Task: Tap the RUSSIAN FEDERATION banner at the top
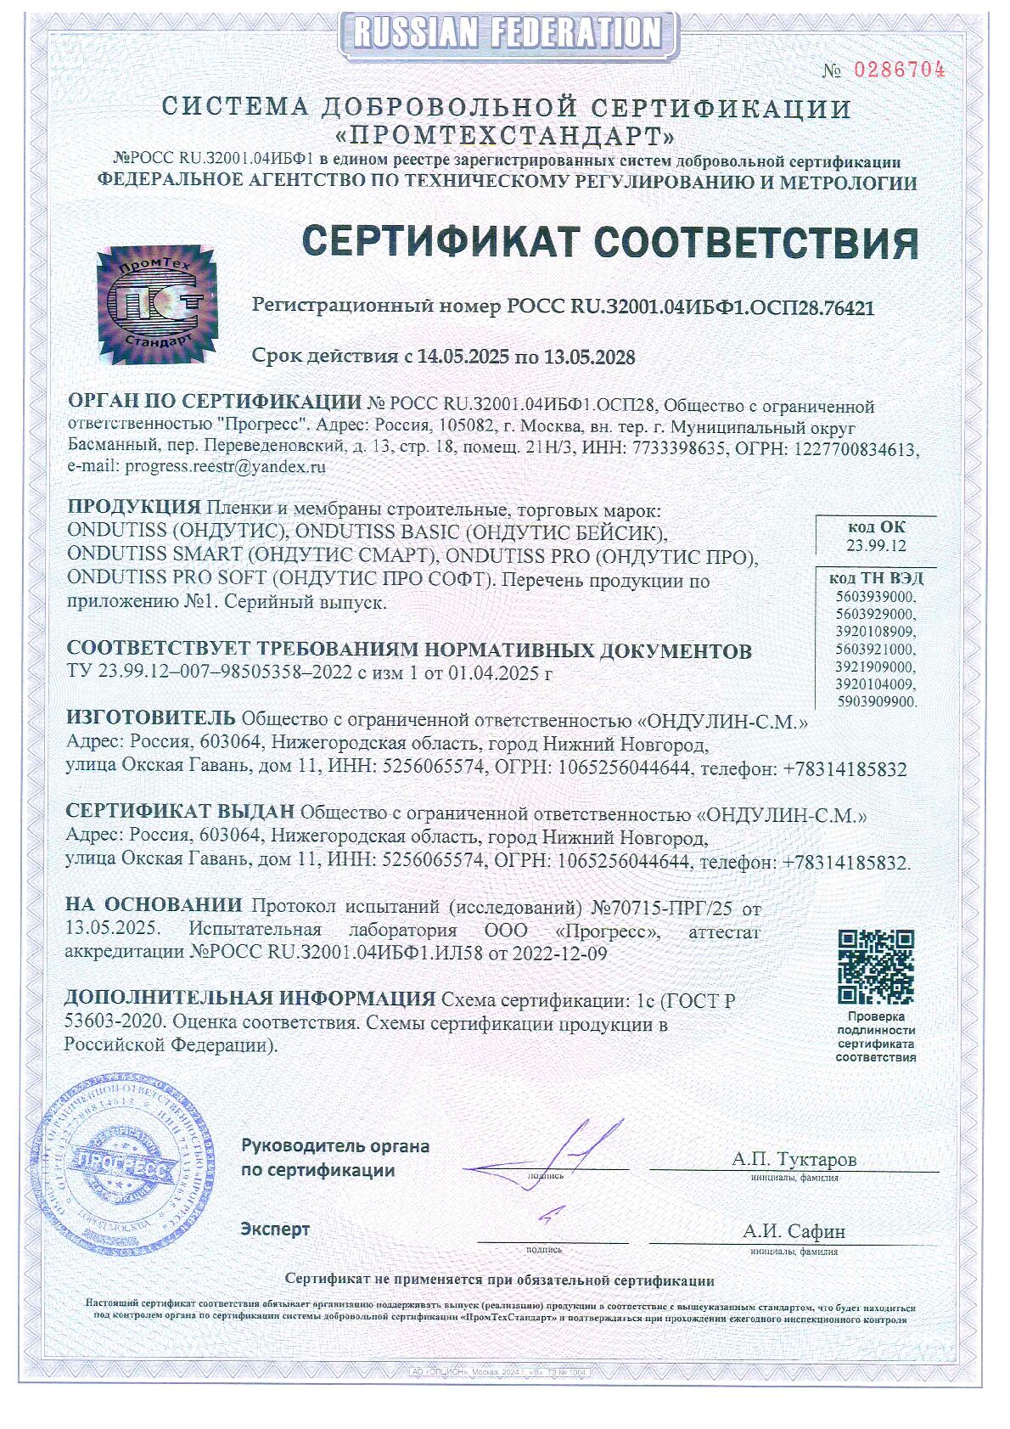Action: click(x=506, y=32)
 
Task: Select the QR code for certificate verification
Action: click(x=876, y=966)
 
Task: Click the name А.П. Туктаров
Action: click(x=794, y=1159)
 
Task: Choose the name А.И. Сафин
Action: click(x=794, y=1231)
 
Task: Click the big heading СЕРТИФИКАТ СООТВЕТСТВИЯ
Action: click(x=610, y=242)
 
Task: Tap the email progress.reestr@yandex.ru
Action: click(x=225, y=466)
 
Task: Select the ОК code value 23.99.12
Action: click(x=875, y=545)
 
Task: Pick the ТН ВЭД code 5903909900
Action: click(x=876, y=701)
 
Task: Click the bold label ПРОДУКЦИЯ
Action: click(x=132, y=508)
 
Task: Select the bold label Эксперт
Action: click(x=275, y=1229)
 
